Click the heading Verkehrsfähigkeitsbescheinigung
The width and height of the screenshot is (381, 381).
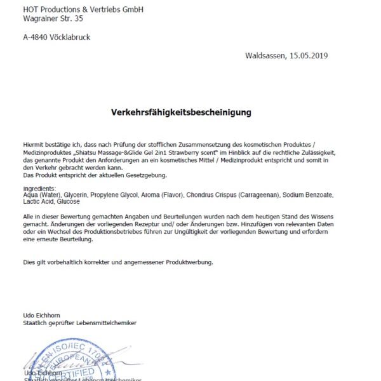[181, 112]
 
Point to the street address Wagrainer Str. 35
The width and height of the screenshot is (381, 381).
[53, 19]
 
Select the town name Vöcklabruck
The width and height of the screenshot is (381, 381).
[72, 37]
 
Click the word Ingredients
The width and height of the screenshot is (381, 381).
[39, 189]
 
